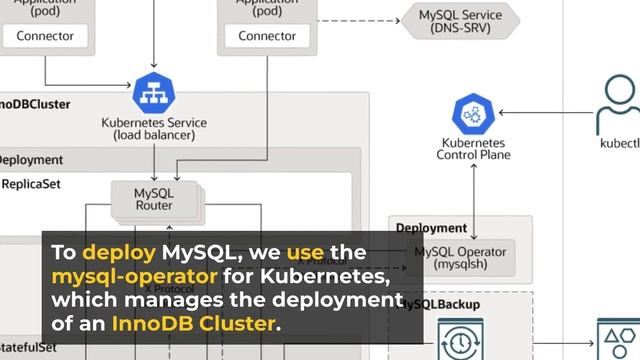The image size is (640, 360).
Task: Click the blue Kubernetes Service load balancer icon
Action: [x=153, y=93]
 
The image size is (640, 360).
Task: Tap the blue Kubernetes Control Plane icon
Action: [x=474, y=116]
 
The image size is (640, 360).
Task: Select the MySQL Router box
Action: [x=153, y=198]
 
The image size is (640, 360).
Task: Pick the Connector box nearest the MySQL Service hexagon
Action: [x=266, y=36]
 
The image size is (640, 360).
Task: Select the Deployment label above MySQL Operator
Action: [x=431, y=229]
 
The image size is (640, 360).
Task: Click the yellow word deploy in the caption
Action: [x=115, y=254]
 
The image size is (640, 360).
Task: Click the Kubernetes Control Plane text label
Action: [x=474, y=149]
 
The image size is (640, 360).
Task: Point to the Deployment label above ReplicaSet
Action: [x=29, y=160]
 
